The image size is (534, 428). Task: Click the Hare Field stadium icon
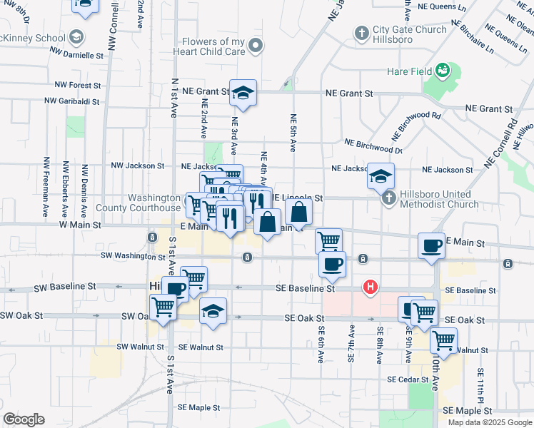(x=443, y=70)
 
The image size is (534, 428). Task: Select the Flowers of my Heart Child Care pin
(x=256, y=47)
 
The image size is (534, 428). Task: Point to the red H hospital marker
(x=371, y=287)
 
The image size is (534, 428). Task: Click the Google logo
(x=24, y=419)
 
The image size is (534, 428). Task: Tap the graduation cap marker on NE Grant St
(x=243, y=93)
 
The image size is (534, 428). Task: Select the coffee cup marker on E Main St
(x=431, y=245)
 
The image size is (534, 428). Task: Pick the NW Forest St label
(x=75, y=85)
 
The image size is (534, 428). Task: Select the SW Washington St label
(x=133, y=255)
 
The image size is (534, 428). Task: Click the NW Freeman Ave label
(x=46, y=187)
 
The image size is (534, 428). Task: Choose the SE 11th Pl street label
(x=482, y=385)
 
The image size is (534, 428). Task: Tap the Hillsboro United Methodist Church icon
(x=388, y=198)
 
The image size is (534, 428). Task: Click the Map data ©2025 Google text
(x=489, y=422)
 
